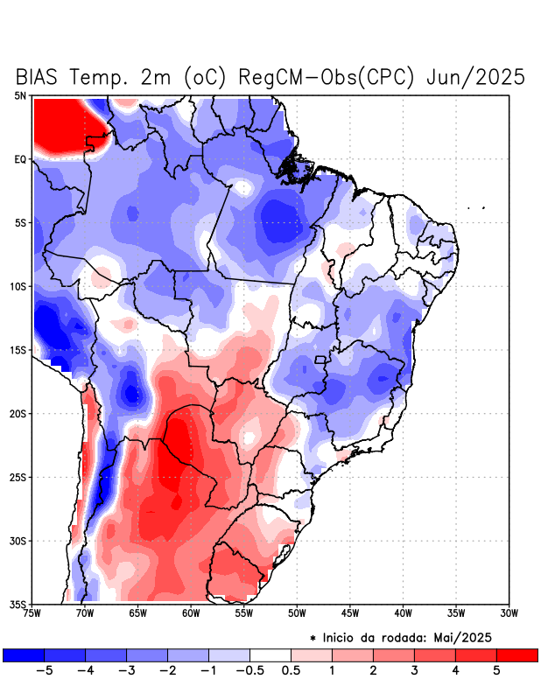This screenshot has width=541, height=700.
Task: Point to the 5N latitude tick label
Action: coord(20,95)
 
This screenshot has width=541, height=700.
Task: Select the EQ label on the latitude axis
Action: coord(20,159)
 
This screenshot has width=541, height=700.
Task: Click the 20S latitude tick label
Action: coord(18,414)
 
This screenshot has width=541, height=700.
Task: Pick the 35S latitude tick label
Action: coord(18,605)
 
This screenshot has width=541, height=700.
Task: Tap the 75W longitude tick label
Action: coord(33,613)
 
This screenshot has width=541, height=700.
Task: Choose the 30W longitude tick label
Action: coord(509,613)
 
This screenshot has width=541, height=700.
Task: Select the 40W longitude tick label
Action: coord(403,613)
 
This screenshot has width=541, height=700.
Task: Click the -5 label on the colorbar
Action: coord(44,672)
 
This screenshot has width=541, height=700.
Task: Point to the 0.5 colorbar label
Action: coord(291,672)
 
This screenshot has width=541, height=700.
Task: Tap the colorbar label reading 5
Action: coord(496,672)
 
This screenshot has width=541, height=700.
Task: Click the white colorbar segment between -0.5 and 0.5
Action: coord(270,655)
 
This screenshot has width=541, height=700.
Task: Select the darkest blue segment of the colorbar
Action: coord(24,655)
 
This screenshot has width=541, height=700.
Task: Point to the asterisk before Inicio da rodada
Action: coord(313,638)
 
